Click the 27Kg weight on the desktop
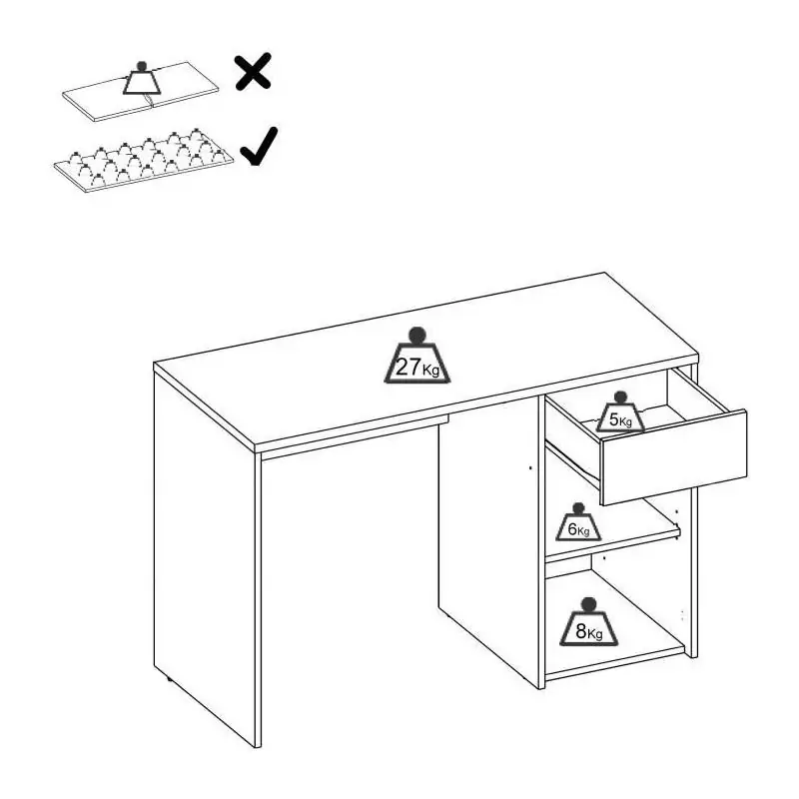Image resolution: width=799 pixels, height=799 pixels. [416, 356]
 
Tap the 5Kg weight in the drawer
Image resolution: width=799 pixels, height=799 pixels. [620, 411]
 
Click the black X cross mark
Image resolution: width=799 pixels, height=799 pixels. [253, 72]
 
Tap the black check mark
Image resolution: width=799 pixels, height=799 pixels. [259, 146]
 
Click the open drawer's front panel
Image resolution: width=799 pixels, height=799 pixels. [673, 456]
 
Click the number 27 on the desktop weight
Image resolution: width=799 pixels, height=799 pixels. [408, 367]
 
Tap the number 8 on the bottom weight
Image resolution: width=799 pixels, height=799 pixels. [581, 631]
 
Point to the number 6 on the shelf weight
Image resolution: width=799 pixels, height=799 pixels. [572, 529]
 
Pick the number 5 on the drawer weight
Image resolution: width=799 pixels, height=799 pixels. [614, 419]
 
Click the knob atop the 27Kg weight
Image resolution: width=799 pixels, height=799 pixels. [417, 335]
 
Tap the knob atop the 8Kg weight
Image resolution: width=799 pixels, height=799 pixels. [589, 604]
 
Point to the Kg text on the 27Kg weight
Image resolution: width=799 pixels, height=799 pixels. [430, 370]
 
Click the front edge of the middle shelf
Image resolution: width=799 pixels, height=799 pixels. [613, 545]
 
